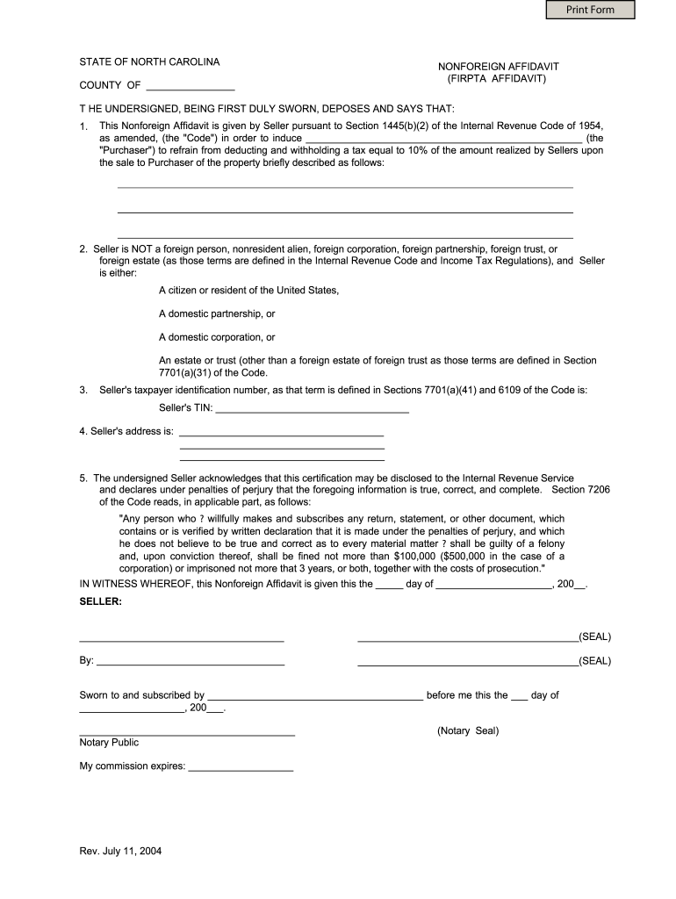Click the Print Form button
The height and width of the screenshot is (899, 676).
tap(590, 10)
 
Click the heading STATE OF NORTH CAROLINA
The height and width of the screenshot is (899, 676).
tap(149, 62)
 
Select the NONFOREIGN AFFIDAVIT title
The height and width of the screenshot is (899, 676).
tap(499, 67)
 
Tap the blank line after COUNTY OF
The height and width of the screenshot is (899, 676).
tap(191, 86)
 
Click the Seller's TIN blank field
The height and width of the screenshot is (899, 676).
tap(312, 408)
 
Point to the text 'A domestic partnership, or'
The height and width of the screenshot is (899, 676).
tap(217, 313)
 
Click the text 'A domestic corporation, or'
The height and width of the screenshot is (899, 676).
tap(217, 337)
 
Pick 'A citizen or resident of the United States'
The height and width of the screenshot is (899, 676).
tap(248, 290)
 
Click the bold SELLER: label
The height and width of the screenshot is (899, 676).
tap(101, 601)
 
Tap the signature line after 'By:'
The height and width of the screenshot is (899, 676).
tap(191, 661)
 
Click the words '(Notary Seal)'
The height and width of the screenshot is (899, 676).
tap(468, 730)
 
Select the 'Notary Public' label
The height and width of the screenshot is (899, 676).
tap(109, 742)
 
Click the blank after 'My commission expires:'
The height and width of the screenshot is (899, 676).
tap(241, 766)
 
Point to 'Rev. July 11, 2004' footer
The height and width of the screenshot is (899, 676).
tap(120, 851)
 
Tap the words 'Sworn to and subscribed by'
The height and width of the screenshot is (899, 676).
tap(142, 695)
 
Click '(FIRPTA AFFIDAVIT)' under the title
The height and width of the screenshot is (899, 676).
tap(496, 78)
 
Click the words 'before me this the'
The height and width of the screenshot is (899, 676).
tap(466, 695)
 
